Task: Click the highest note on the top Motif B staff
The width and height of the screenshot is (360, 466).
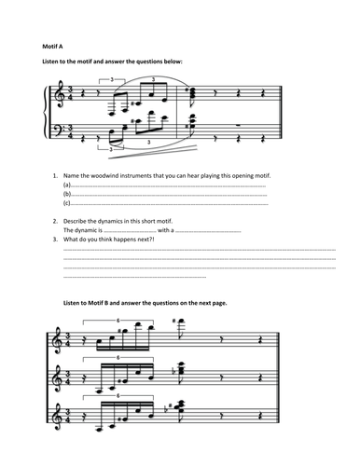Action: click(175, 324)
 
